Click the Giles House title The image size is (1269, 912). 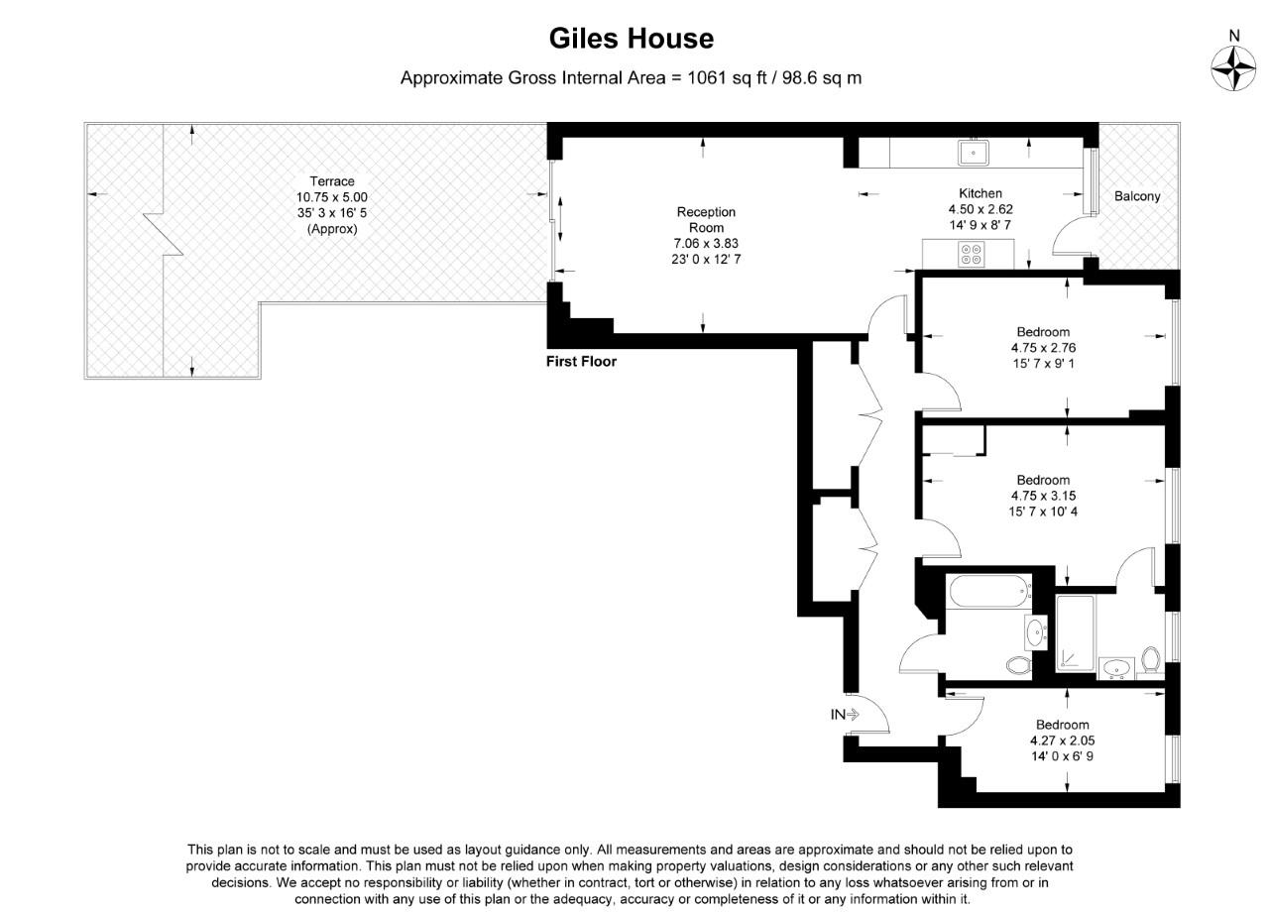pyautogui.click(x=632, y=39)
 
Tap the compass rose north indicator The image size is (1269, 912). pyautogui.click(x=1234, y=66)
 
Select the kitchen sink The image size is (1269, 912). pyautogui.click(x=973, y=153)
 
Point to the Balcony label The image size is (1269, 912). pyautogui.click(x=1137, y=196)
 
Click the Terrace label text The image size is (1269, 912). pyautogui.click(x=332, y=181)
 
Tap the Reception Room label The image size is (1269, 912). pyautogui.click(x=706, y=219)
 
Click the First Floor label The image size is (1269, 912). pyautogui.click(x=581, y=362)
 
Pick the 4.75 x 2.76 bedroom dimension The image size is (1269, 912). pyautogui.click(x=1043, y=348)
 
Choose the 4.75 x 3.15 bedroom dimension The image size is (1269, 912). pyautogui.click(x=1043, y=496)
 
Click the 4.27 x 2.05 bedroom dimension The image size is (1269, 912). pyautogui.click(x=1062, y=741)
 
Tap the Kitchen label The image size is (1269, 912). pyautogui.click(x=980, y=193)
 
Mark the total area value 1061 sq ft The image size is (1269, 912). pyautogui.click(x=728, y=77)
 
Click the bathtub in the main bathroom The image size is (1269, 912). pyautogui.click(x=988, y=595)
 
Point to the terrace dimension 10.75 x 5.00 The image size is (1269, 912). pyautogui.click(x=332, y=197)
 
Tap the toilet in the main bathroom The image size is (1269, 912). pyautogui.click(x=1018, y=665)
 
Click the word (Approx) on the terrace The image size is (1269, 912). pyautogui.click(x=332, y=229)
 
